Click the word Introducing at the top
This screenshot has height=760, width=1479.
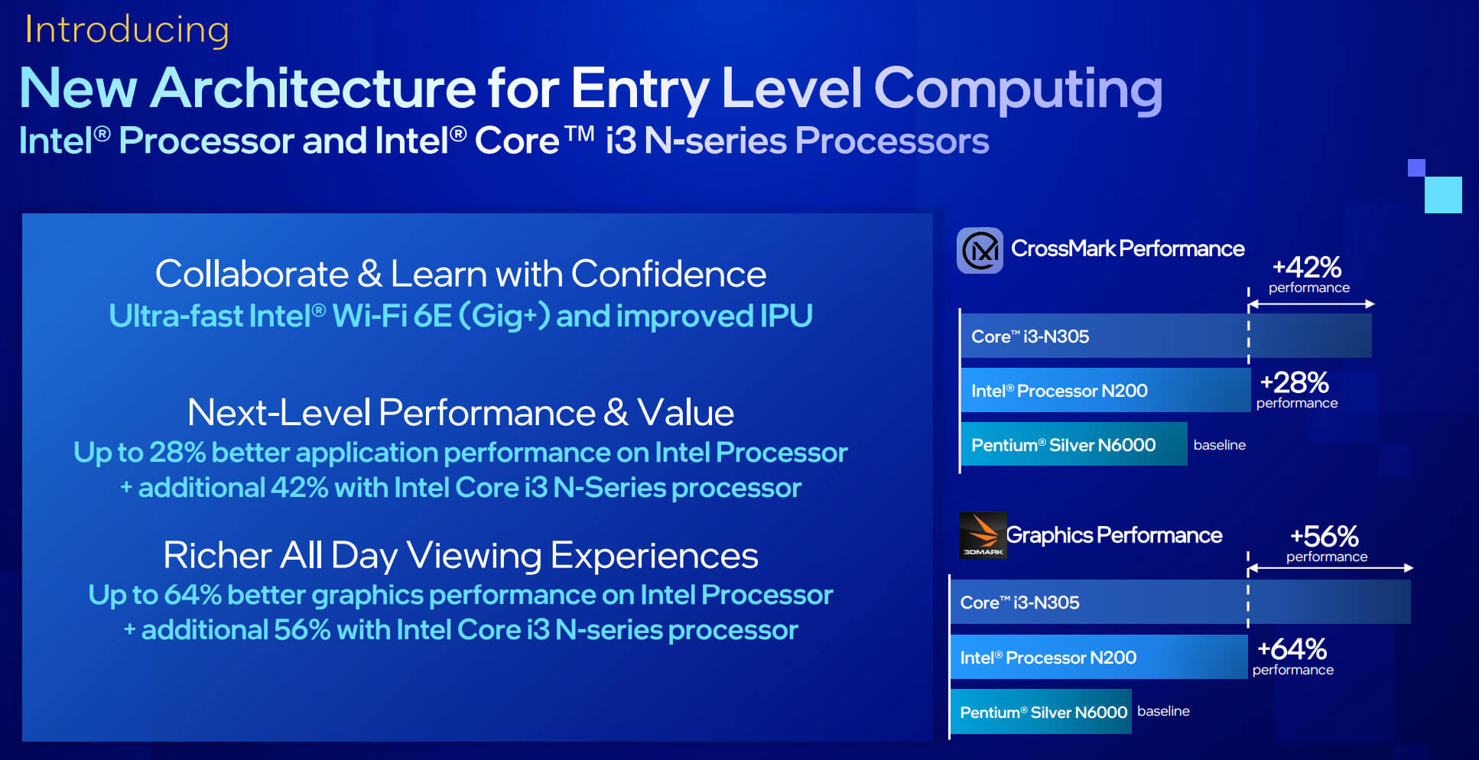(127, 31)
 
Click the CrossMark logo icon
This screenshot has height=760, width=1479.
(980, 250)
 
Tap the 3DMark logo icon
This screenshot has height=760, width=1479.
(983, 535)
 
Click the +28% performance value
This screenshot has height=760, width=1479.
(1294, 382)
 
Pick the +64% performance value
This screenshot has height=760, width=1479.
(1292, 649)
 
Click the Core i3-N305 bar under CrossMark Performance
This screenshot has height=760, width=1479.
(1165, 336)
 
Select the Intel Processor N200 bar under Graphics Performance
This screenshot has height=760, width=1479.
(1098, 657)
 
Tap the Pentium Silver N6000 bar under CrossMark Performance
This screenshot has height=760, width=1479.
(1074, 444)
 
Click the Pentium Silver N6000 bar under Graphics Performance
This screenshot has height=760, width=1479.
(1041, 712)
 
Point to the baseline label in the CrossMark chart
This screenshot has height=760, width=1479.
(1219, 445)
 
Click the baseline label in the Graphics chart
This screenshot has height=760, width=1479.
(1163, 711)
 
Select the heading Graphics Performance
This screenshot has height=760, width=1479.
(1113, 535)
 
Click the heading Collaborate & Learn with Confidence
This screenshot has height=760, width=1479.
(460, 274)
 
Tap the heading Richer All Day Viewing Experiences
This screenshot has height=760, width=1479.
(460, 555)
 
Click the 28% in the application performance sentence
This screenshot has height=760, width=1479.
(177, 453)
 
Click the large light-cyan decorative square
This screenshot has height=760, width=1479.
(1443, 195)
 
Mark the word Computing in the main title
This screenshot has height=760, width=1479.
(1018, 89)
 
